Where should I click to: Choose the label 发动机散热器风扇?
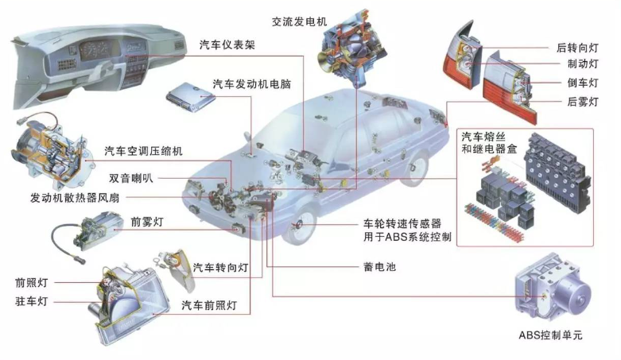(77, 197)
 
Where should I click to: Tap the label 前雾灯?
(147, 221)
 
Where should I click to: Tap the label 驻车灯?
(32, 301)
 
